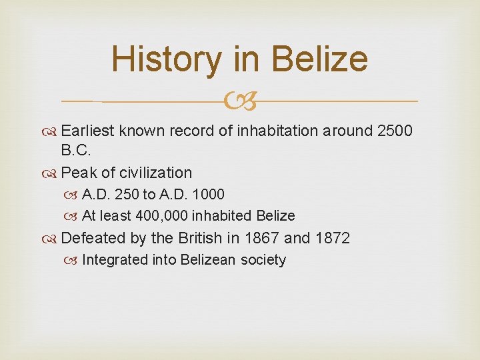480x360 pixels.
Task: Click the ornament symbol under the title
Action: click(239, 102)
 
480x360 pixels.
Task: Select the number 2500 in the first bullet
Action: click(395, 131)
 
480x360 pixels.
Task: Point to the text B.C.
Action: click(75, 151)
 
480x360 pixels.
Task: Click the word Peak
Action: click(79, 173)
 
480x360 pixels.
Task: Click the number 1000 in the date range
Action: click(209, 195)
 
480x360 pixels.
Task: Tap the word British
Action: click(201, 238)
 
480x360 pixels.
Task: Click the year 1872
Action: click(331, 238)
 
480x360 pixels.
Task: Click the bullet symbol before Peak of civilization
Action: click(51, 173)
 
